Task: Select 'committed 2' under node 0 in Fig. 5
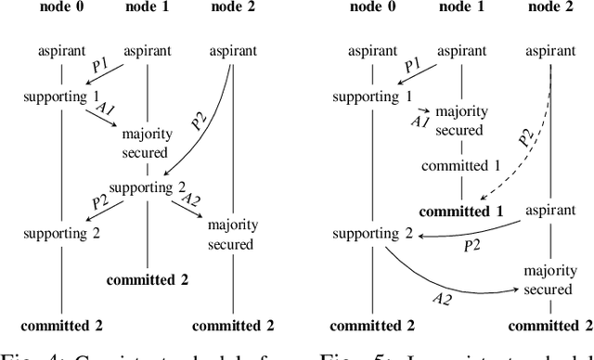click(x=371, y=325)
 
